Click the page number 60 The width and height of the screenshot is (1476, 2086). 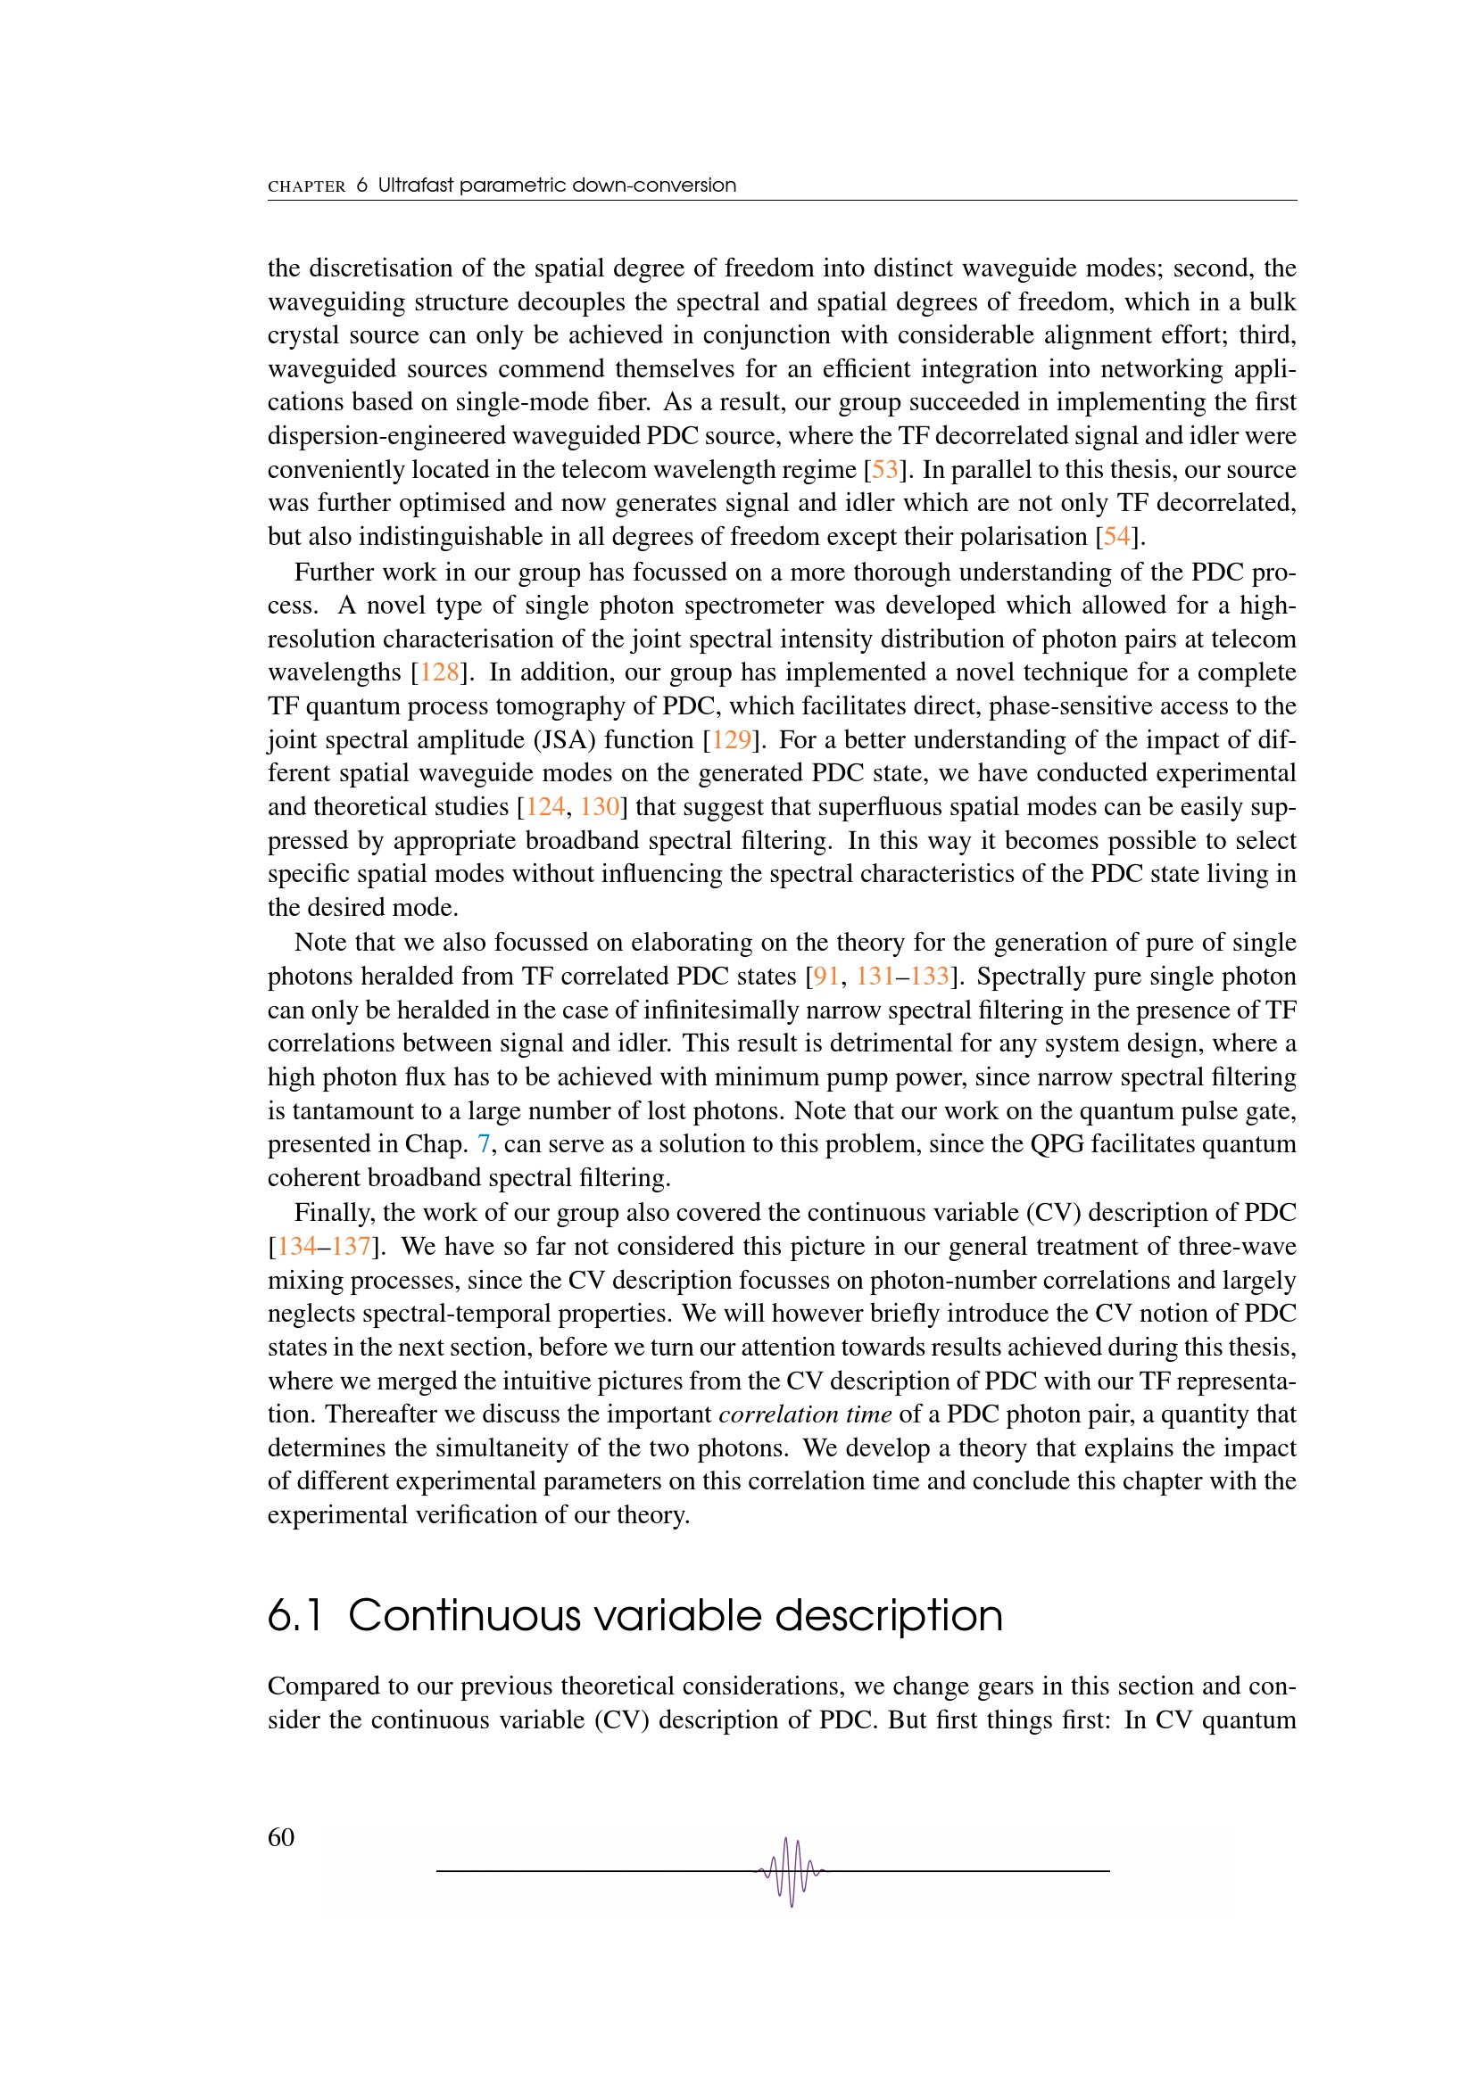(281, 1837)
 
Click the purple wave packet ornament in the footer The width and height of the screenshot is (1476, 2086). (791, 1871)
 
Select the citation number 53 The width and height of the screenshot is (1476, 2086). (884, 470)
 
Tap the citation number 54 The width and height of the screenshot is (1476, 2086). (1117, 537)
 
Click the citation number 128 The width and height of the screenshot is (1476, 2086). (440, 672)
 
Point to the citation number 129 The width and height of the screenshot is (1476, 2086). (732, 739)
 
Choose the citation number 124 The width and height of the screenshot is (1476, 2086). (545, 807)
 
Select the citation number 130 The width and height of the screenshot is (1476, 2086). (600, 807)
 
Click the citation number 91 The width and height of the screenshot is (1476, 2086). (826, 976)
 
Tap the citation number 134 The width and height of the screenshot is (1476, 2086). (296, 1246)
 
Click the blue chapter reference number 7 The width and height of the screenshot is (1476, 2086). (484, 1144)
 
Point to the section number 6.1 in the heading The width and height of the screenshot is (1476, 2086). (295, 1616)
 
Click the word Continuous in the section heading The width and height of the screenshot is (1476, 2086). (463, 1616)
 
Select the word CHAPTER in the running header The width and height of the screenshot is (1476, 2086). (306, 186)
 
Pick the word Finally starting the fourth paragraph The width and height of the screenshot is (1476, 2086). (334, 1213)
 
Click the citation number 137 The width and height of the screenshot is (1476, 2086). (351, 1246)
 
